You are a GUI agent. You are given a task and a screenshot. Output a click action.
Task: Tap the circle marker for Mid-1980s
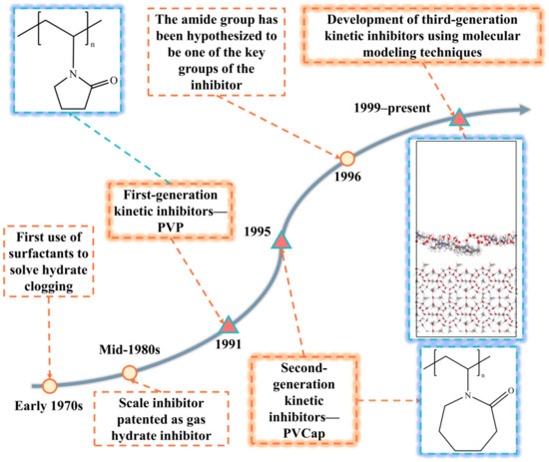[130, 373]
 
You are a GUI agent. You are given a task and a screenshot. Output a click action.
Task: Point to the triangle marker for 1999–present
[458, 118]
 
